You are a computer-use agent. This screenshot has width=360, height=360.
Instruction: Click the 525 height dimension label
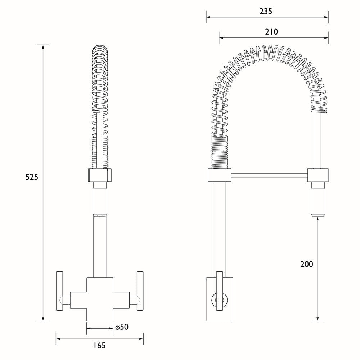[x=31, y=177]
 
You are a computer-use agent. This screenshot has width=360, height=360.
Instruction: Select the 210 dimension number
[x=271, y=32]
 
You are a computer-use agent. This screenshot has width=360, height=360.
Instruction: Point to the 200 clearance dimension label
[x=307, y=264]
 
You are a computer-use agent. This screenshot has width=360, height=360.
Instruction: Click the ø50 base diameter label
[x=122, y=327]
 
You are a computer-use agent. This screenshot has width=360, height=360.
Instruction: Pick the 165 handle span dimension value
[x=99, y=346]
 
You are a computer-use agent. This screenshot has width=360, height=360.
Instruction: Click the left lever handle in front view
[x=60, y=290]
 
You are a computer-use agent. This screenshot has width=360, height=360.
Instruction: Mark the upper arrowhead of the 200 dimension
[x=318, y=220]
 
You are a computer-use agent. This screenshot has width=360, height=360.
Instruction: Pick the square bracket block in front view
[x=100, y=176]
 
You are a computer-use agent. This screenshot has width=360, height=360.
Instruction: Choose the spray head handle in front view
[x=100, y=200]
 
